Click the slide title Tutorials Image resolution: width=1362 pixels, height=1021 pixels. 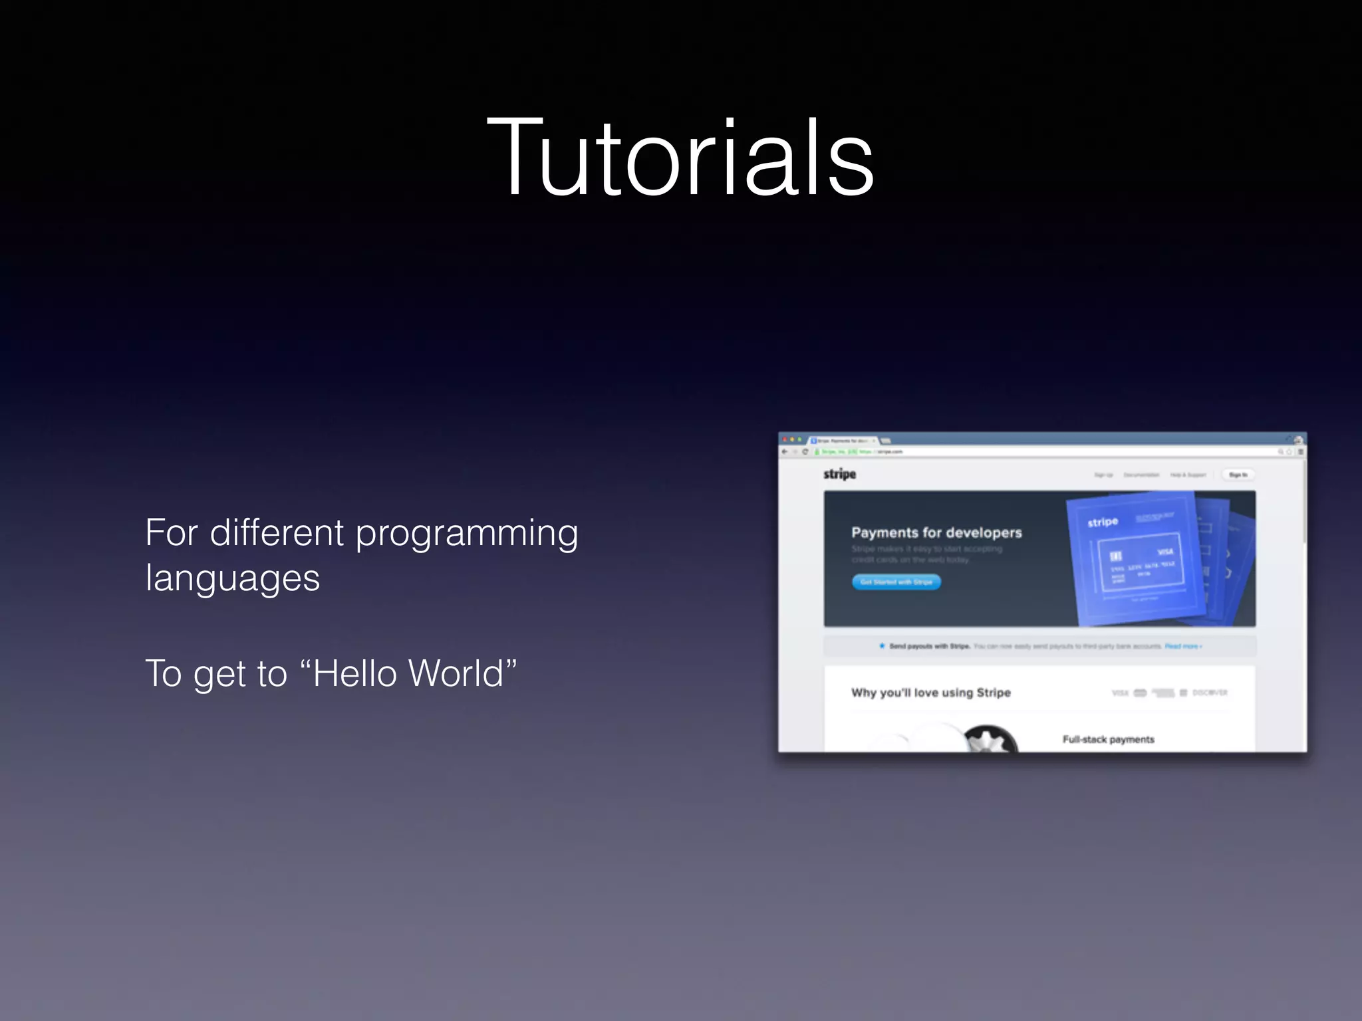point(680,158)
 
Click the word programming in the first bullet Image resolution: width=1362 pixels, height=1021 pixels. point(467,534)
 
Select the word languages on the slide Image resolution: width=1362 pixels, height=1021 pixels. point(233,578)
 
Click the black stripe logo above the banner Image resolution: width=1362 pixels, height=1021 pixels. point(839,474)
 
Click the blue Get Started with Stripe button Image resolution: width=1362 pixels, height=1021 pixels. point(896,582)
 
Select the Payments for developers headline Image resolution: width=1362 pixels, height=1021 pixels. point(936,532)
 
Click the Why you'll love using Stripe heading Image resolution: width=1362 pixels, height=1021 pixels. point(930,693)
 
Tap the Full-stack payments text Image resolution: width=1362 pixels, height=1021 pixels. point(1108,739)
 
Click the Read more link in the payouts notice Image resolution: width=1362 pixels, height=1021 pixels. point(1182,646)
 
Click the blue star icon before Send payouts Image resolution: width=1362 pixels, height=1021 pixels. point(882,645)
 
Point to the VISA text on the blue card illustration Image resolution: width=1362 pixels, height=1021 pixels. point(1165,552)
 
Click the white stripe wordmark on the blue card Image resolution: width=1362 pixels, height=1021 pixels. point(1103,522)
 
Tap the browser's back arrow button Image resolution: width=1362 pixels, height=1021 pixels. point(785,452)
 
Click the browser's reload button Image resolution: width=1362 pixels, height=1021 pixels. point(805,452)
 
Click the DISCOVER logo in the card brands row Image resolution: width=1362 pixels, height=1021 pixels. point(1210,693)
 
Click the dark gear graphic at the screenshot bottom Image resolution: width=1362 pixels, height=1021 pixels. point(990,739)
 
